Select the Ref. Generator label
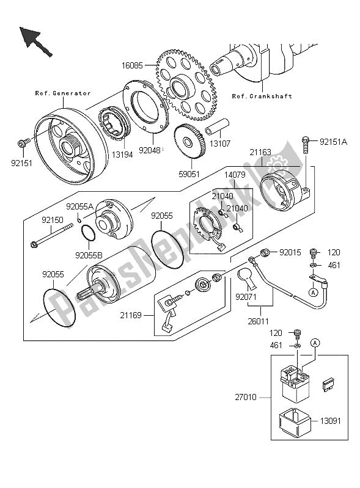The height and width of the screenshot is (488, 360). [x=62, y=93]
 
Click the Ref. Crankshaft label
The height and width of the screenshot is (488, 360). [x=262, y=96]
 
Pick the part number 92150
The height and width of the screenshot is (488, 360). [x=53, y=219]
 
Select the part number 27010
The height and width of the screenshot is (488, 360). [x=257, y=396]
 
